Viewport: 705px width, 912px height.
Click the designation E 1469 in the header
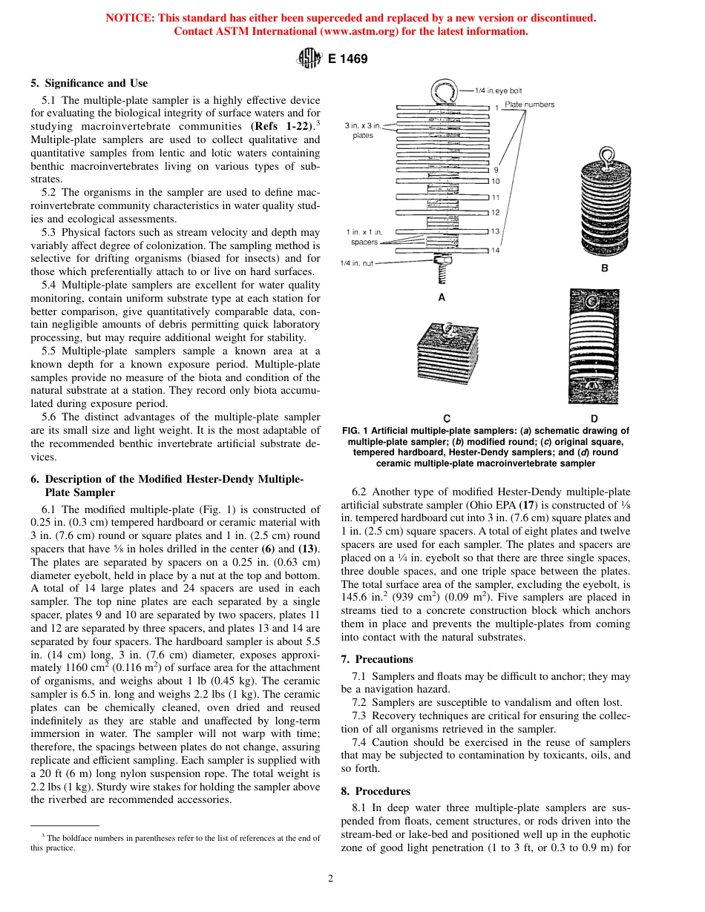(x=347, y=59)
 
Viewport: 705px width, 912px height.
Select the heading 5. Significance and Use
(x=89, y=83)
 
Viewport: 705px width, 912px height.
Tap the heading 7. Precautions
(x=376, y=659)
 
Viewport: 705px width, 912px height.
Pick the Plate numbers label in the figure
(x=529, y=105)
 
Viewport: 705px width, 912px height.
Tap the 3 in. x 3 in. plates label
(x=364, y=130)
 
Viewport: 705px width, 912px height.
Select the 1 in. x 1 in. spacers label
(x=364, y=237)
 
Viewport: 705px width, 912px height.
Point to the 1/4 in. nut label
(x=357, y=262)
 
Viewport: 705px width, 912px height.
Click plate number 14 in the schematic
(x=495, y=250)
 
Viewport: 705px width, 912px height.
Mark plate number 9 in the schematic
(x=495, y=170)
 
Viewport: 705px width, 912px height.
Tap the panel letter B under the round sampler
(x=603, y=268)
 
